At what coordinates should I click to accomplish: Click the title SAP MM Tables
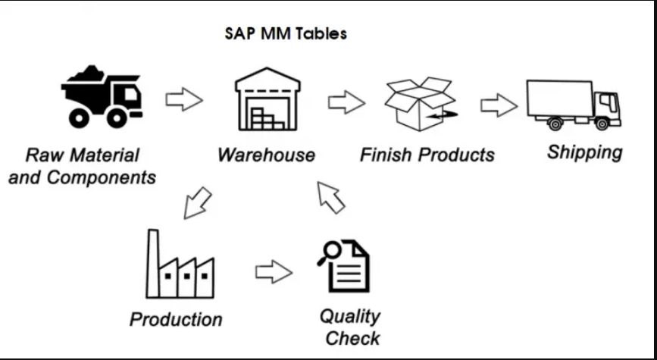click(286, 34)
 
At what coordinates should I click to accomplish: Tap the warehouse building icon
click(266, 100)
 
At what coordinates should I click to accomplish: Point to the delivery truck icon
click(574, 105)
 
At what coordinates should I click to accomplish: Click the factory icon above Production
click(179, 265)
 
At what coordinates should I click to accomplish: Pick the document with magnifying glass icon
click(346, 265)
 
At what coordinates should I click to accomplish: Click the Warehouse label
click(266, 155)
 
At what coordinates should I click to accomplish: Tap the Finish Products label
click(427, 155)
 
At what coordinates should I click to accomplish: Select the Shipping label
click(584, 152)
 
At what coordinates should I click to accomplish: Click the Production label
click(176, 319)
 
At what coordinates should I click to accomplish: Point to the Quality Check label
click(350, 326)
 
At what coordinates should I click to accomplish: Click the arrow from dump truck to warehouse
click(183, 99)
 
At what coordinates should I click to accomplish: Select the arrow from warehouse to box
click(346, 102)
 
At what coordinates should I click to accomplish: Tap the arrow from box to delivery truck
click(499, 105)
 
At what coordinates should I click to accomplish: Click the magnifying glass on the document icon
click(329, 253)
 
